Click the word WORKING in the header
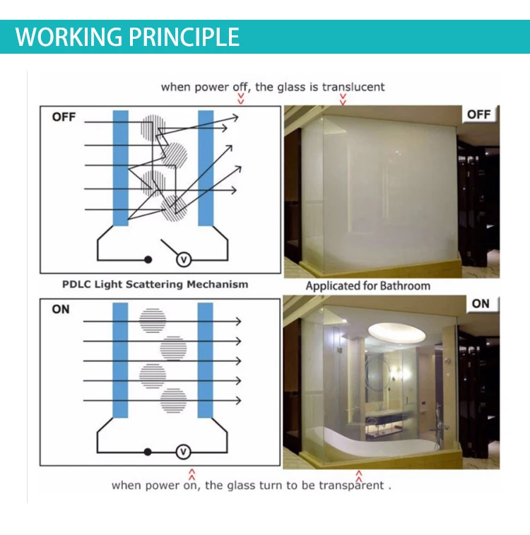[69, 37]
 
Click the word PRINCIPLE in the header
[184, 37]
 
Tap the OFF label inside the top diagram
[64, 117]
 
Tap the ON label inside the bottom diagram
[61, 309]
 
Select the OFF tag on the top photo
[479, 114]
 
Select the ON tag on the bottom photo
[481, 304]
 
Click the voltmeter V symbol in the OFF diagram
[184, 260]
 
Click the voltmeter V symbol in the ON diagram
[183, 452]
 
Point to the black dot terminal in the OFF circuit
[148, 260]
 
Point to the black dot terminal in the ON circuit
[148, 452]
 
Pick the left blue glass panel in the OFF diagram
[121, 168]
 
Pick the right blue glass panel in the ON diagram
[206, 360]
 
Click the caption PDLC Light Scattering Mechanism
[155, 285]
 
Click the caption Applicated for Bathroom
[368, 286]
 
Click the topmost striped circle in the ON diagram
[153, 321]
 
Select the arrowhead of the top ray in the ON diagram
[239, 322]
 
